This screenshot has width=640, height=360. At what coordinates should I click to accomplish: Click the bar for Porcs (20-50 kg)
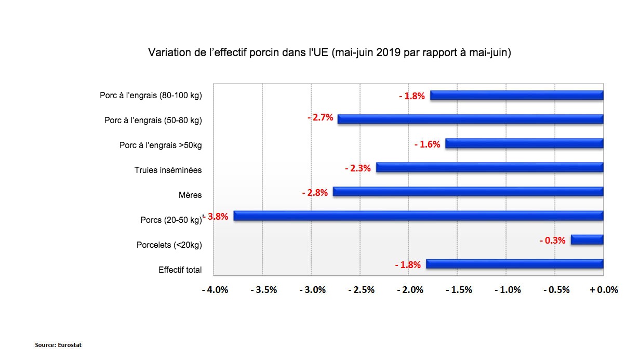tap(418, 216)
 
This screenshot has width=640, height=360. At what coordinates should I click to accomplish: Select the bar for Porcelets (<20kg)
tap(587, 239)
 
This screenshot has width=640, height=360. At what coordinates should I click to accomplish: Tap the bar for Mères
tap(468, 192)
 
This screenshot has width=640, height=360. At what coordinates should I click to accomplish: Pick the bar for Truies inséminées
tap(489, 167)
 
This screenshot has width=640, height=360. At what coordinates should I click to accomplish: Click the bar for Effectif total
tap(514, 264)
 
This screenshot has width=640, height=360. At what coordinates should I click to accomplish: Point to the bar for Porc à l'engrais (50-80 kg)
tap(470, 119)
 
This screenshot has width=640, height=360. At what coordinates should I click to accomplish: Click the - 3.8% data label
tap(217, 217)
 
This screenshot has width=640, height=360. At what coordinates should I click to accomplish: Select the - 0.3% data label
tap(552, 241)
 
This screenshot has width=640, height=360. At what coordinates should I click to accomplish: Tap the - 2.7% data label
tap(320, 117)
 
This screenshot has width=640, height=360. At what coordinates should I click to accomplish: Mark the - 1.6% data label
tap(427, 144)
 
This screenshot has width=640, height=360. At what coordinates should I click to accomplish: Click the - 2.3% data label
tap(357, 168)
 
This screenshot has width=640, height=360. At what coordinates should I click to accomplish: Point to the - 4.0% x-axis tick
tap(215, 290)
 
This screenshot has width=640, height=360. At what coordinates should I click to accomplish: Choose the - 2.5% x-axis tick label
tap(361, 290)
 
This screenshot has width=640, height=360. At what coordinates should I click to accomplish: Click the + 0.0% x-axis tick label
tap(604, 290)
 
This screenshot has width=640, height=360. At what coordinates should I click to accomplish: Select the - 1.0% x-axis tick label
tap(507, 290)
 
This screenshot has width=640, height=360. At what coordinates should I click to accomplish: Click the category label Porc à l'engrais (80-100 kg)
tap(151, 96)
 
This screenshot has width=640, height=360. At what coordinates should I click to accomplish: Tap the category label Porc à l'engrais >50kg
tap(161, 145)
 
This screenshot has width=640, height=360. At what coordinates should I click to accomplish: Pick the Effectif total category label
tap(180, 270)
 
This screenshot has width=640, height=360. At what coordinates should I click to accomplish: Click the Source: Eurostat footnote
tap(58, 345)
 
